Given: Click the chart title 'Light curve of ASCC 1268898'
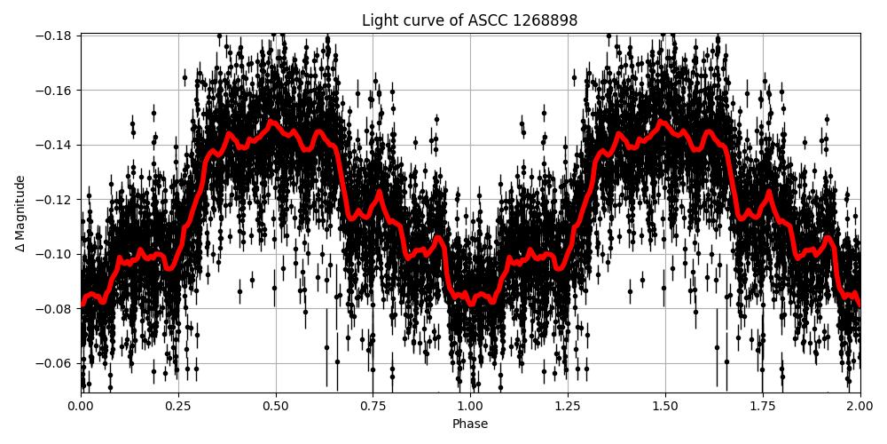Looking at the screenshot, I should coord(469,20).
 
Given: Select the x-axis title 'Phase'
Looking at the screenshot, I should coord(470,424).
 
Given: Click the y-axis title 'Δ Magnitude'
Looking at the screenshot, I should coord(20,213).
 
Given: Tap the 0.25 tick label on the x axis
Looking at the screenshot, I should coord(178,408).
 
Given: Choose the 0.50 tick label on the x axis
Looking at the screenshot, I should coord(276,408).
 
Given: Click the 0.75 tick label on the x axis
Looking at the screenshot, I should coord(373,408).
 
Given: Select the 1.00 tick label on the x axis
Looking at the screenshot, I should coord(470,408).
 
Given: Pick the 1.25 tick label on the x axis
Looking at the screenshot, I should coord(568,408).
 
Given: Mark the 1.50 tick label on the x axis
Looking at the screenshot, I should coord(665,408).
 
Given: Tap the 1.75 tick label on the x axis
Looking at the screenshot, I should coord(763,408).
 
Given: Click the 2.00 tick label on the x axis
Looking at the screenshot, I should coord(860,408).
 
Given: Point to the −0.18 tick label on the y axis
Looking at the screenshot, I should coord(54,36).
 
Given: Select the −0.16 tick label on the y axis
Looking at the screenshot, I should coord(54,91).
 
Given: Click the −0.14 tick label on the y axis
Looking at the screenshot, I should coord(54,145).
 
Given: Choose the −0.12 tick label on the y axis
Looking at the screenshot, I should coord(54,200).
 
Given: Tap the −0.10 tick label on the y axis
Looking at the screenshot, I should coord(54,254).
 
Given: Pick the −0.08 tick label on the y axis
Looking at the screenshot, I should coord(54,309).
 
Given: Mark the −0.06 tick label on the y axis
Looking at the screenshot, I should coord(54,363).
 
